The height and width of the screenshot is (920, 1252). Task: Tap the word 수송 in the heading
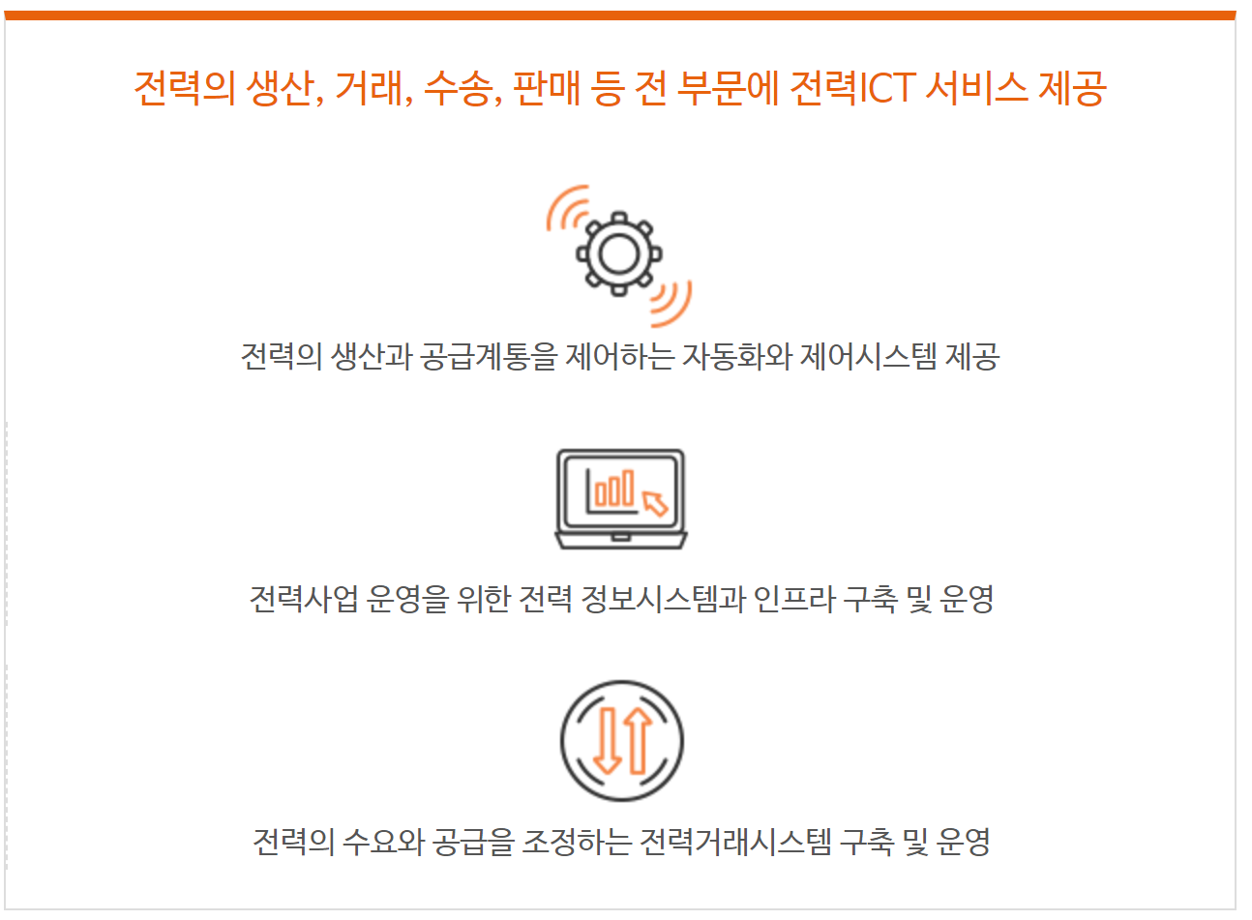click(x=460, y=88)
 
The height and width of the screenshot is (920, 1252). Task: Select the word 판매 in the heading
click(x=546, y=88)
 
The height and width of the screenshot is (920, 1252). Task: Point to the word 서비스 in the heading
click(x=976, y=88)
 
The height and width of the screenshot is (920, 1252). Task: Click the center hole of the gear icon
click(x=618, y=254)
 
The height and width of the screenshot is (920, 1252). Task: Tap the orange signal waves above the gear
click(x=567, y=207)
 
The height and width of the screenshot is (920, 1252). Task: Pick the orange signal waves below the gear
click(x=671, y=305)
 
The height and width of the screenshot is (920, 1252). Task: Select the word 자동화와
click(x=736, y=356)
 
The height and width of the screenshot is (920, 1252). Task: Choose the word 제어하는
click(x=619, y=356)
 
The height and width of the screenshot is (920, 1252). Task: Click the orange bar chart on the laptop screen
click(x=614, y=488)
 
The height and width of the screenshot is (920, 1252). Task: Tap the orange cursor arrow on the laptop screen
click(x=655, y=504)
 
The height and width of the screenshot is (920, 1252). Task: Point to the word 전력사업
click(x=304, y=599)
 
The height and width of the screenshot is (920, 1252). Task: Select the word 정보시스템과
click(x=663, y=599)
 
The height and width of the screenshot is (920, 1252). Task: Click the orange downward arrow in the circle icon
click(x=607, y=741)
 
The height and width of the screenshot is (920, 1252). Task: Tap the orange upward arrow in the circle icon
click(x=638, y=741)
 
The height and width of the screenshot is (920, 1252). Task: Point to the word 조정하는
click(x=577, y=842)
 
